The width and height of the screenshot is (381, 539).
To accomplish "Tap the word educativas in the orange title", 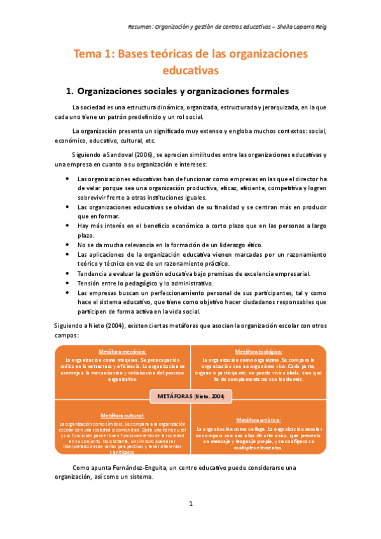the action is point(190,69).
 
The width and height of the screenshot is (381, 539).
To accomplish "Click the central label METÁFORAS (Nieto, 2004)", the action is point(191,395).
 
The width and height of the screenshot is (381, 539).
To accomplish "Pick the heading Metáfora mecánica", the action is point(123,351).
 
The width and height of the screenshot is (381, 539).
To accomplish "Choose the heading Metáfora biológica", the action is point(258,351).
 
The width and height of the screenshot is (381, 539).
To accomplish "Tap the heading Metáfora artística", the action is point(259,420).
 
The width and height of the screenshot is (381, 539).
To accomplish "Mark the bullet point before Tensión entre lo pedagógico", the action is point(67,283).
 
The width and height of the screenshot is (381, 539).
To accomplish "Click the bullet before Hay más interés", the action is point(67,226).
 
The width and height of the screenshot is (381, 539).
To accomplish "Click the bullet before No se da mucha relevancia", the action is point(67,245).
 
